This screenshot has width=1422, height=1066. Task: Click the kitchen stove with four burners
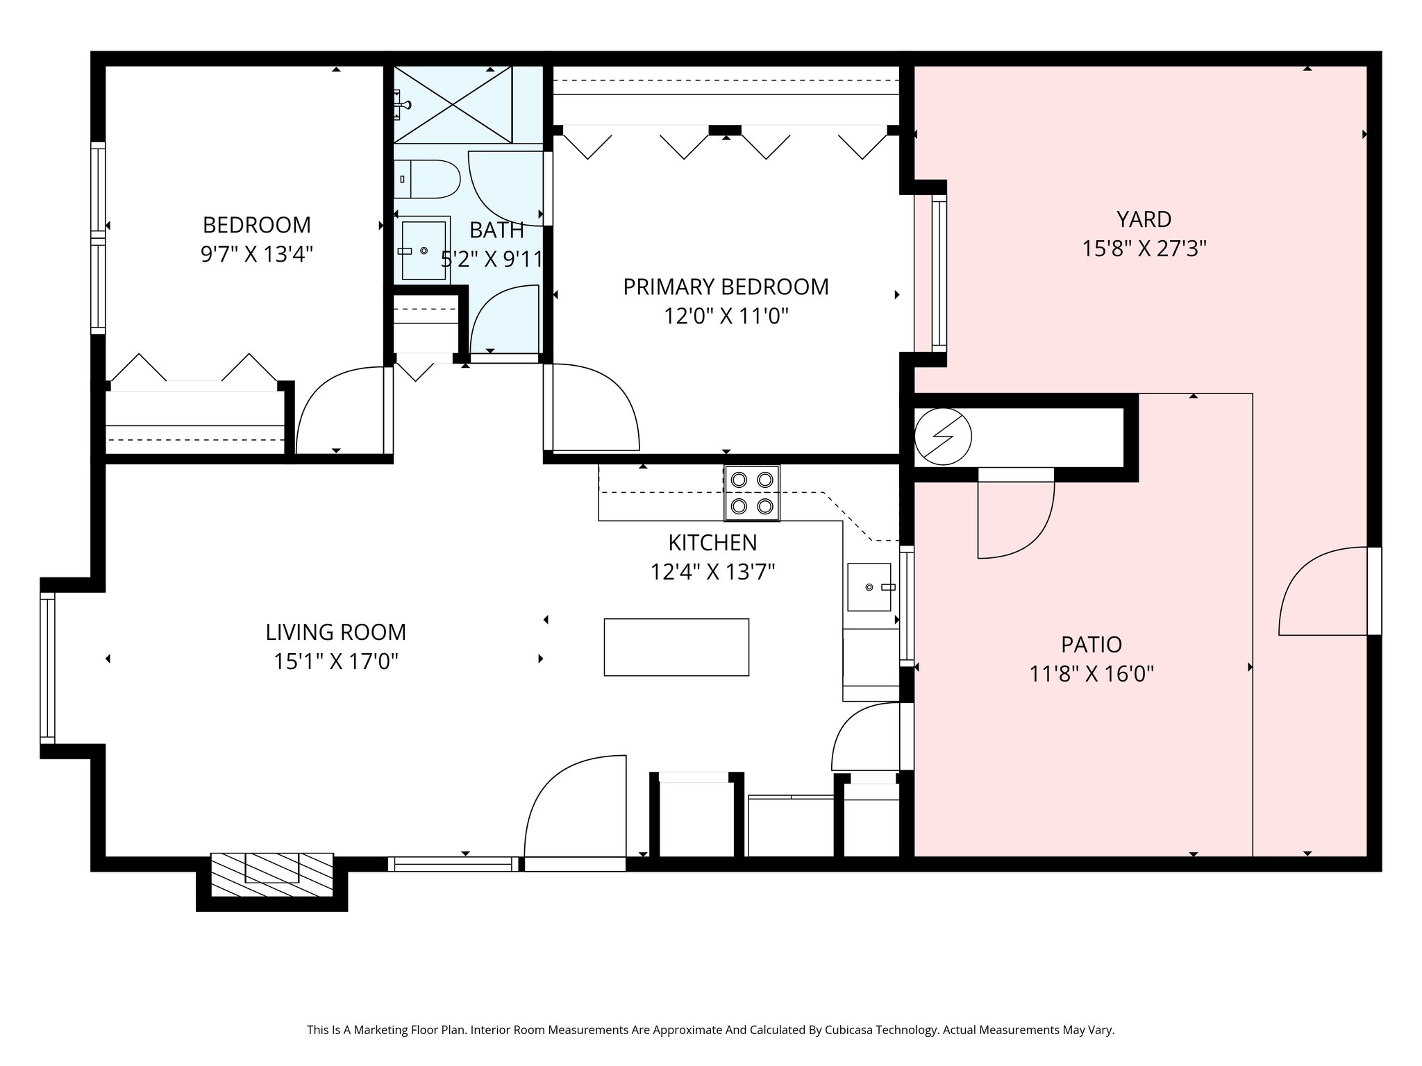[x=752, y=493]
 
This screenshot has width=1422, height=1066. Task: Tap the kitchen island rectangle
[x=676, y=647]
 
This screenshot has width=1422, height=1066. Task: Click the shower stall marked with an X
[x=453, y=105]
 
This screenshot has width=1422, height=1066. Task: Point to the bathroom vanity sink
[x=424, y=251]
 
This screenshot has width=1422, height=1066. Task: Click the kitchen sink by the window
[x=869, y=587]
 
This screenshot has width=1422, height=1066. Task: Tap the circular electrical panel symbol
[x=943, y=437]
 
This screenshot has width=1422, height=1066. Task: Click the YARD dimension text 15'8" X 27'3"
[x=1144, y=248]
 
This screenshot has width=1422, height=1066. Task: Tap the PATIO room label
[x=1091, y=645]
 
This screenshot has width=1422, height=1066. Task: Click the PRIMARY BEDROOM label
[x=726, y=287]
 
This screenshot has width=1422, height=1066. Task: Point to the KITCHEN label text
[x=712, y=542]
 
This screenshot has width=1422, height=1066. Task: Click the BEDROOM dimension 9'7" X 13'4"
[x=257, y=255]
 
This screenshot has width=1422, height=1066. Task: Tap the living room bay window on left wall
[x=47, y=668]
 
